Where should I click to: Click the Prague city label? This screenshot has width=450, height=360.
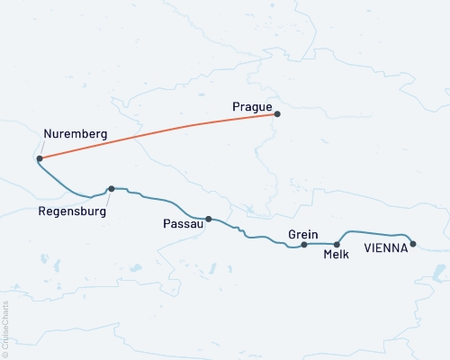[x=252, y=107]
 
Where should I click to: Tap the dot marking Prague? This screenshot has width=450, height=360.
[x=277, y=114]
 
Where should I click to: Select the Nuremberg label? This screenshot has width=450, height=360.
[x=76, y=134]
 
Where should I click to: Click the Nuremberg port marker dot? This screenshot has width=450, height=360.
[x=40, y=159]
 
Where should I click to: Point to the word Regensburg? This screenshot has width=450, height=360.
[x=71, y=212]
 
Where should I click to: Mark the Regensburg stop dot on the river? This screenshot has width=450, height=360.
[x=111, y=189]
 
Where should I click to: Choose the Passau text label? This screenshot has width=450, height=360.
[x=183, y=223]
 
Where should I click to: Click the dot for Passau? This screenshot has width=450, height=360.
[x=209, y=219]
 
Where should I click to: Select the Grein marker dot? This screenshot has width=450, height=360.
[x=304, y=245]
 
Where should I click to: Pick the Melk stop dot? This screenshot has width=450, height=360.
[x=337, y=245]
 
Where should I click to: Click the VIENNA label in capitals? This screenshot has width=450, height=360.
[x=385, y=246]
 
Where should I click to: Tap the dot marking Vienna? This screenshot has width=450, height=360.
[x=413, y=244]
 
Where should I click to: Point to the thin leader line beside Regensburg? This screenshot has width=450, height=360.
[x=107, y=200]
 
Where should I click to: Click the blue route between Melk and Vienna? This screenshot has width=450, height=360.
[x=378, y=229]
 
